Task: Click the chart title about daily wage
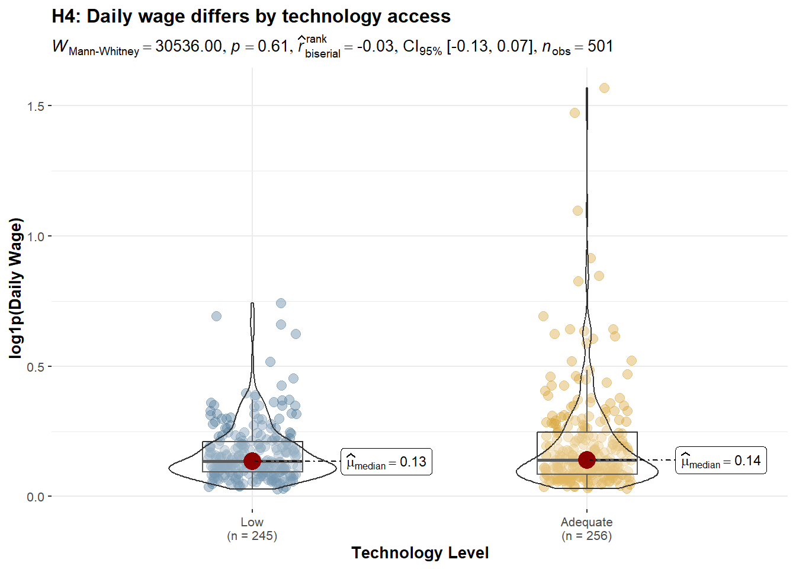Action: (251, 17)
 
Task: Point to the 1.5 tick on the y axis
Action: (36, 106)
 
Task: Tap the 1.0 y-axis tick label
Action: (36, 236)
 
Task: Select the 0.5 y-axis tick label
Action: (36, 367)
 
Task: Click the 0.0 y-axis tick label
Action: (36, 497)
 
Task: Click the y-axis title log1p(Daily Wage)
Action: (16, 288)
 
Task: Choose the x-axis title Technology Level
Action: (420, 553)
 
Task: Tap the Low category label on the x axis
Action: (252, 522)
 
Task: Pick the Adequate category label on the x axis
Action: (586, 522)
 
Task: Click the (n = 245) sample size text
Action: (252, 536)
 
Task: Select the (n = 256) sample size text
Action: (586, 536)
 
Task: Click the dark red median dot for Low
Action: (252, 461)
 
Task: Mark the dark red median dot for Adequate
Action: (586, 459)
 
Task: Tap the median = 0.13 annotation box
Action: (386, 462)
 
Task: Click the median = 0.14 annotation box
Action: (721, 461)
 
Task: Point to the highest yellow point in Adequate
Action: (604, 88)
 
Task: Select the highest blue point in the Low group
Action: (281, 303)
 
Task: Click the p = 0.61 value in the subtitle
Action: (259, 46)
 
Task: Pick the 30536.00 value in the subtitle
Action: (188, 46)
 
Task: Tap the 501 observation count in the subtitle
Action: (600, 46)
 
